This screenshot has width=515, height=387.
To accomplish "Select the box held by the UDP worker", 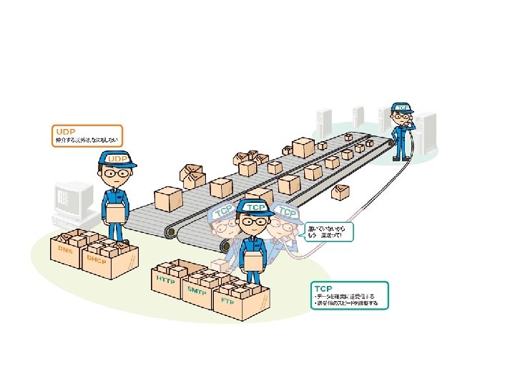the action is [114, 212].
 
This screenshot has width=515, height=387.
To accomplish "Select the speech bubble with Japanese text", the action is [328, 231].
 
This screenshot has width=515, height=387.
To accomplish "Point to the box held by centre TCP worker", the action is [253, 259].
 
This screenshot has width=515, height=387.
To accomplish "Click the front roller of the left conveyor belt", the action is [171, 232].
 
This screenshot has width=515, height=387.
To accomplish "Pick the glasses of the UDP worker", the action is [114, 173].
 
